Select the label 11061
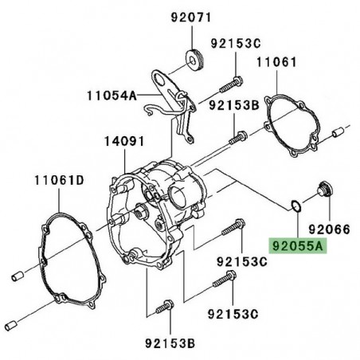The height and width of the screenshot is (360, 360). click(276, 60)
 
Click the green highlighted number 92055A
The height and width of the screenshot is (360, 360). click(298, 248)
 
